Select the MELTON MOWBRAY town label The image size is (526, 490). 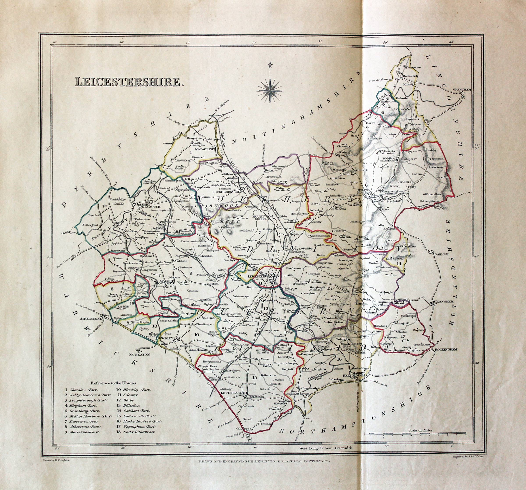click(365, 191)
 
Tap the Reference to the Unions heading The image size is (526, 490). click(113, 383)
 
